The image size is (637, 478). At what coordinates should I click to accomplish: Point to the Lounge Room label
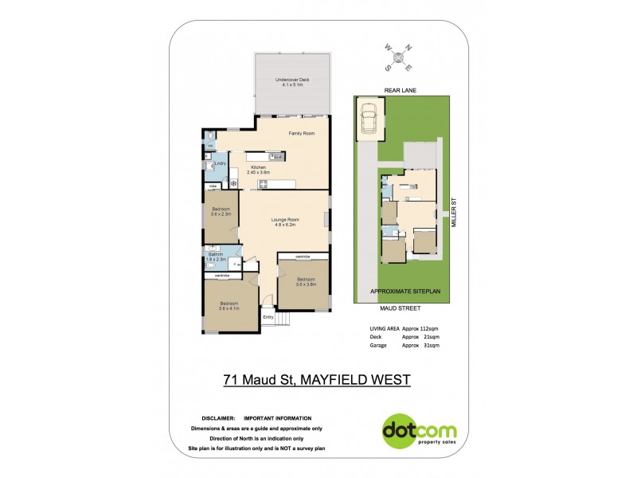click(x=284, y=221)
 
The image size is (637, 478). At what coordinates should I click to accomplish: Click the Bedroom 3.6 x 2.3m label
click(x=221, y=211)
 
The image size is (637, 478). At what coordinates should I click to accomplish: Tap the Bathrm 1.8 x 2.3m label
click(x=217, y=257)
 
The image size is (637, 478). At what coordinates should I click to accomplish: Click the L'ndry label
click(x=221, y=163)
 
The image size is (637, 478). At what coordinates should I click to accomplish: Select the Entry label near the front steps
click(x=268, y=318)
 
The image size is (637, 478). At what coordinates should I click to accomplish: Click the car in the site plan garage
click(x=369, y=119)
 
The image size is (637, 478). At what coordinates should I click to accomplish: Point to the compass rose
click(x=400, y=57)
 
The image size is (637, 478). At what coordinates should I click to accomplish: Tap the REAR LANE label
click(x=401, y=91)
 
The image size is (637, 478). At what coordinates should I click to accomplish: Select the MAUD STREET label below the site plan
click(x=402, y=305)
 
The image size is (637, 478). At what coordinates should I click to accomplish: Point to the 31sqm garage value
click(x=431, y=346)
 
